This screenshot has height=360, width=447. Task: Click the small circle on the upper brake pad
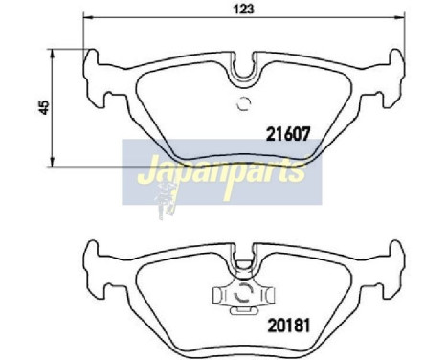243,105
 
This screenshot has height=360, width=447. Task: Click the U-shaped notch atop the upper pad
242,68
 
